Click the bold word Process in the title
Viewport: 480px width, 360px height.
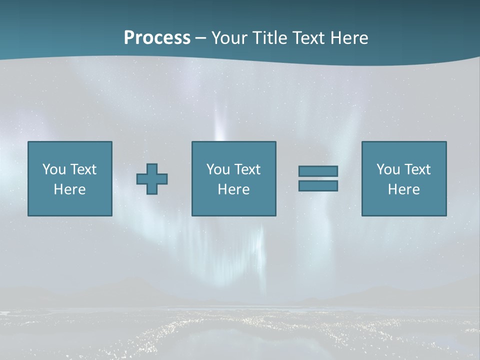point(157,38)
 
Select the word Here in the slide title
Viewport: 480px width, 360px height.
point(349,38)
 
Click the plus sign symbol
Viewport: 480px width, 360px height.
point(152,179)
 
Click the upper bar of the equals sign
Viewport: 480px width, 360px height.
point(318,171)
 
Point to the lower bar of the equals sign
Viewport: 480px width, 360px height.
point(318,186)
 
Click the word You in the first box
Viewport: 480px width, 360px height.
point(54,169)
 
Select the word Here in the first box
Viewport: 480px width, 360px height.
point(70,189)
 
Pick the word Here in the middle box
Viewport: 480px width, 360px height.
point(234,189)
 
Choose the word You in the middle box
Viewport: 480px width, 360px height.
point(218,169)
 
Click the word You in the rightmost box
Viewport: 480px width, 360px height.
point(388,169)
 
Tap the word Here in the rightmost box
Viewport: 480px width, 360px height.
point(404,189)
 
